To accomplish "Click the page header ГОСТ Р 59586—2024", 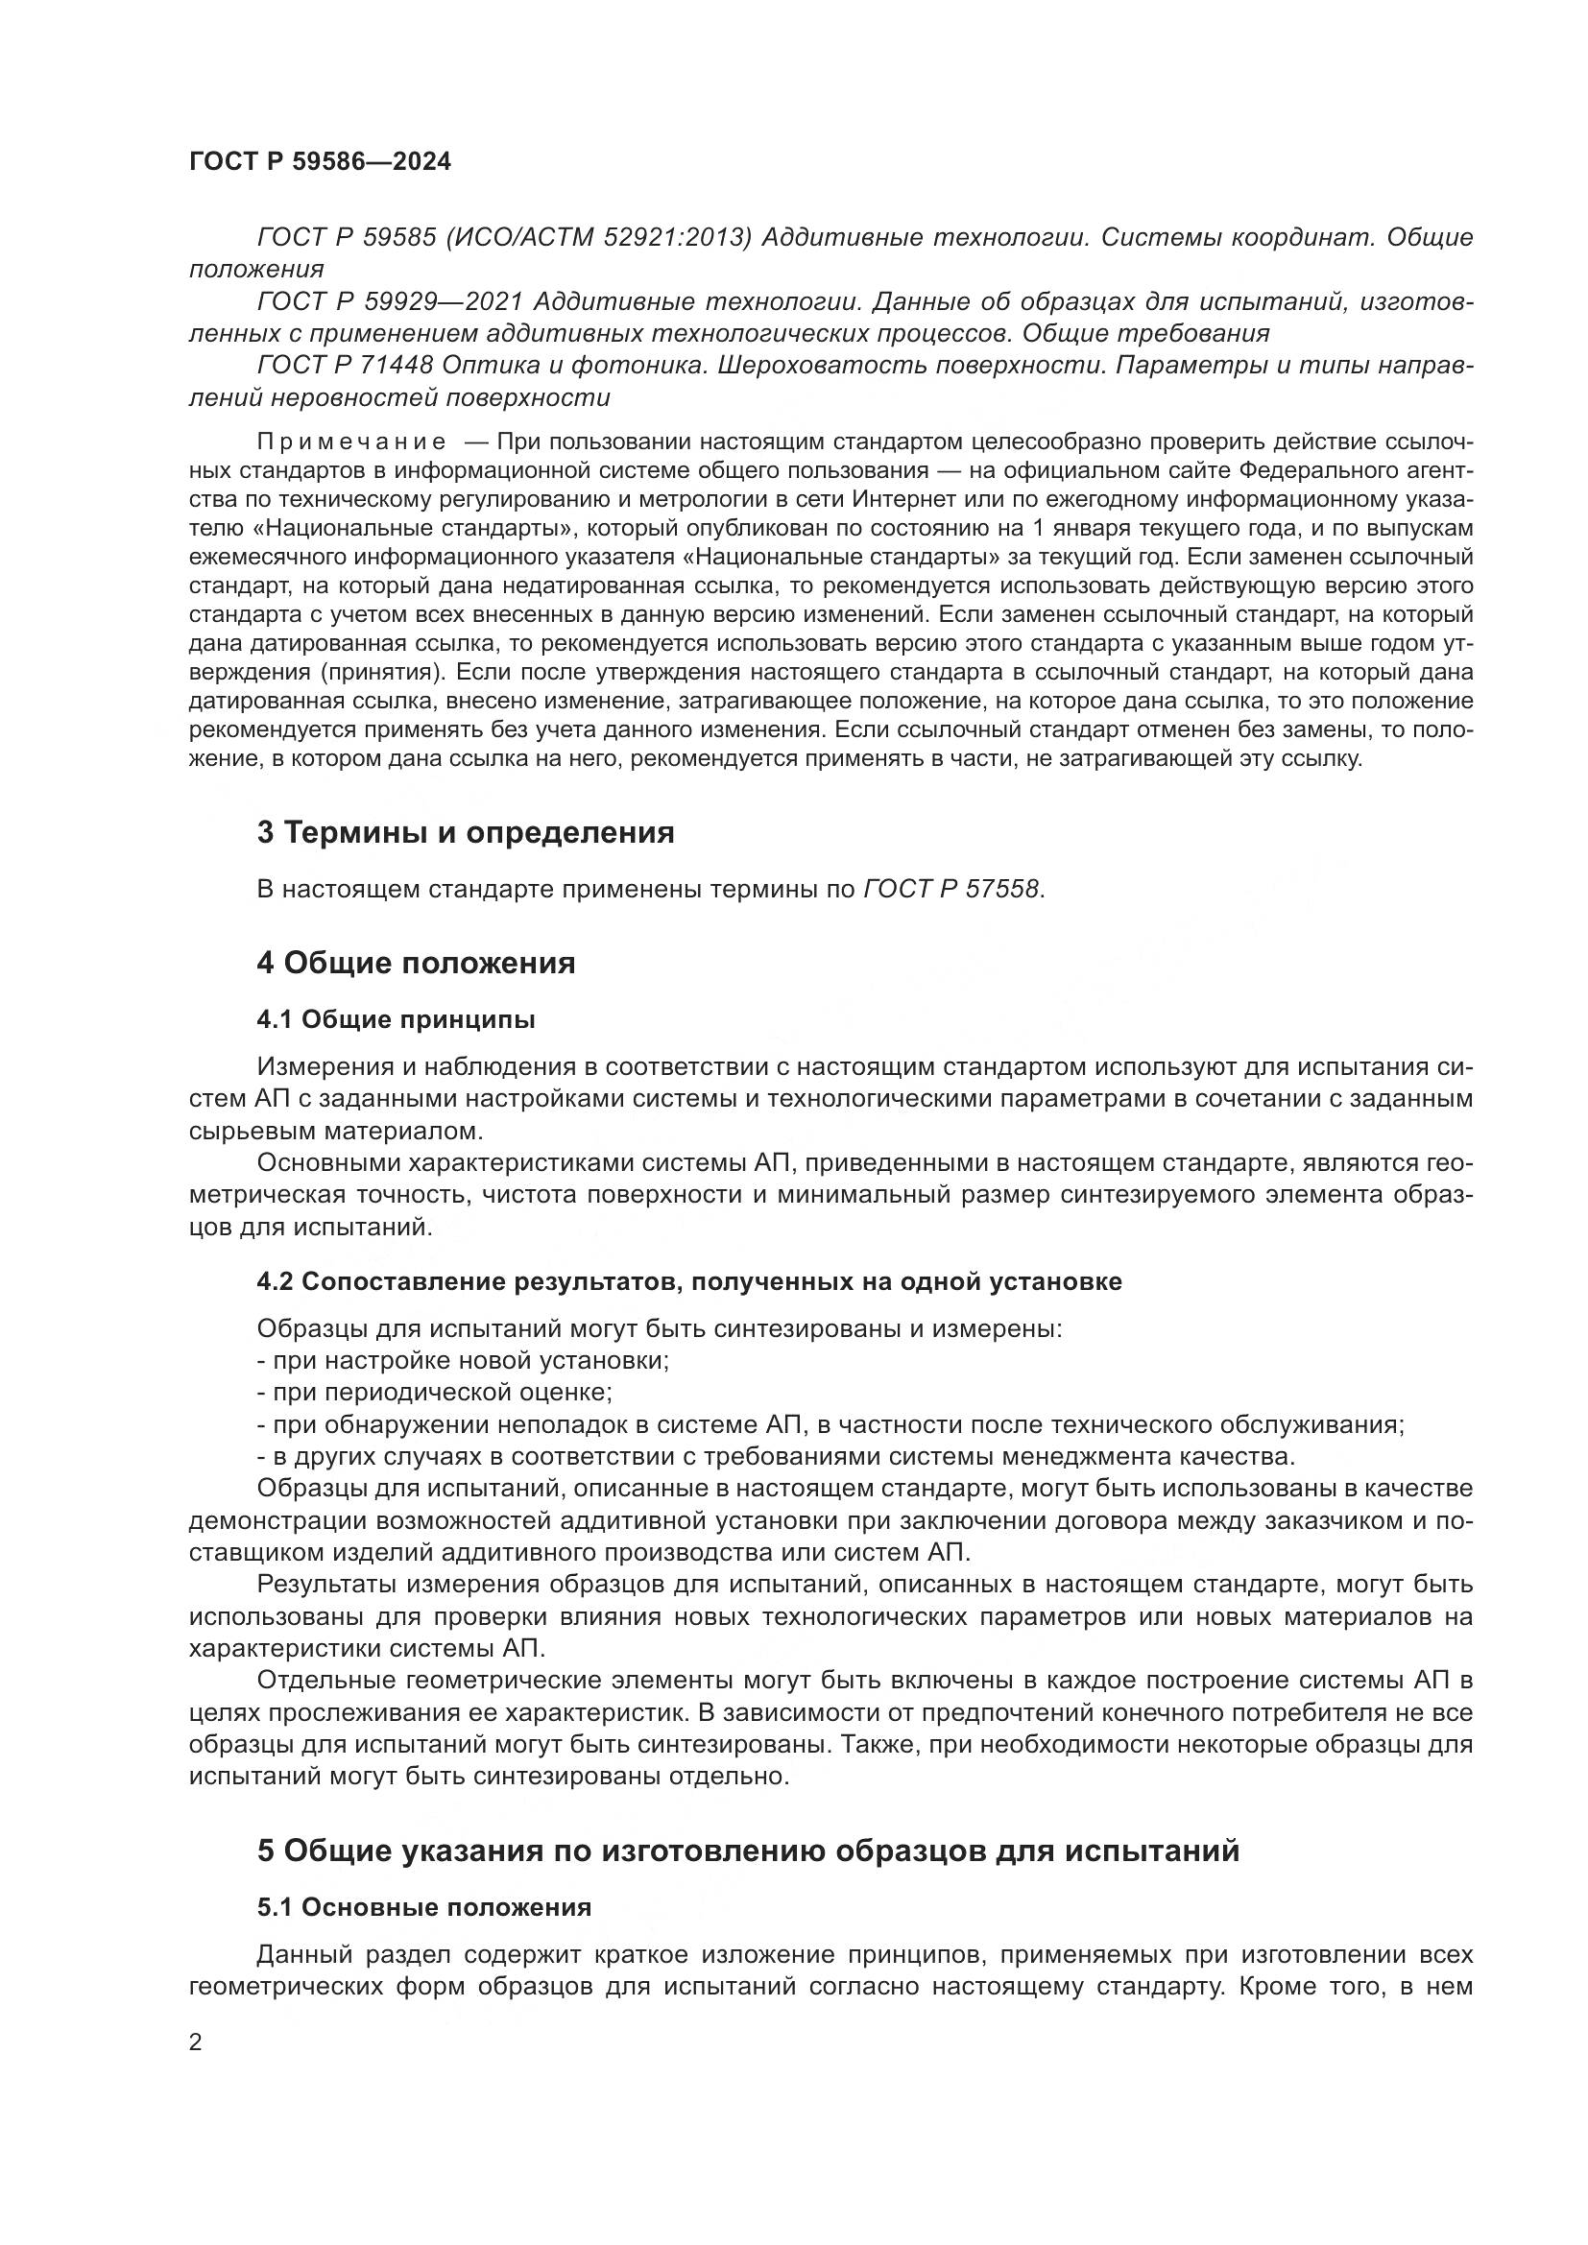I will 320,162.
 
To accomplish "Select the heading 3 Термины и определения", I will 466,833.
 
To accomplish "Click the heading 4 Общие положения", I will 416,963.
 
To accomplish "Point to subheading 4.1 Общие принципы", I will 396,1021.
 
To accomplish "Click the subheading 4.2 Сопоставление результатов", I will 688,1282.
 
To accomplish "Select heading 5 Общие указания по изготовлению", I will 748,1851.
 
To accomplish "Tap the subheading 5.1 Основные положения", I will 423,1908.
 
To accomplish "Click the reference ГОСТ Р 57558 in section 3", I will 952,890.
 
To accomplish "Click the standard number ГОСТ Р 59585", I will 347,238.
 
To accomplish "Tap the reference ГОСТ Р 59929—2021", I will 390,302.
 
